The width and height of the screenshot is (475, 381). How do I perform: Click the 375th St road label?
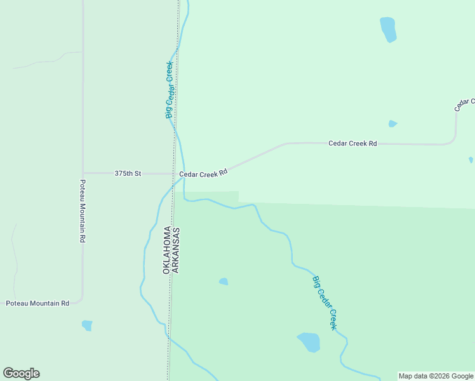pyautogui.click(x=128, y=173)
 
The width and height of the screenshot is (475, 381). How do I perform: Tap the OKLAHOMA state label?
pyautogui.click(x=167, y=250)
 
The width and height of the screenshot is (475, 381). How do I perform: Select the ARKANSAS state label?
pyautogui.click(x=176, y=250)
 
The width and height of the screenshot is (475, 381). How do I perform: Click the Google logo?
pyautogui.click(x=21, y=373)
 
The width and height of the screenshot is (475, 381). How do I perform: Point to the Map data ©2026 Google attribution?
pyautogui.click(x=436, y=376)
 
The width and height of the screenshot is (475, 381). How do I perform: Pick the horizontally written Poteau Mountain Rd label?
pyautogui.click(x=37, y=304)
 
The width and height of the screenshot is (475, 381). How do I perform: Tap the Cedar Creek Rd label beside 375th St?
pyautogui.click(x=203, y=173)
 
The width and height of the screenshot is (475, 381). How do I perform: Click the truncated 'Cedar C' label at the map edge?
pyautogui.click(x=465, y=104)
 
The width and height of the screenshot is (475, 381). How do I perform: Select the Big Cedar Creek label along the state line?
pyautogui.click(x=169, y=90)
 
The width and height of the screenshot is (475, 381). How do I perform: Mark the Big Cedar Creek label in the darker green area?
pyautogui.click(x=324, y=302)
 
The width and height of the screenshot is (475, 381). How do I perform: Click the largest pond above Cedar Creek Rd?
pyautogui.click(x=387, y=29)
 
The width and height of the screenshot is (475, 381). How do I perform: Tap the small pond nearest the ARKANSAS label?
pyautogui.click(x=224, y=281)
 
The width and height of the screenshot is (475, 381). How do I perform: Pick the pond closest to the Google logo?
pyautogui.click(x=87, y=325)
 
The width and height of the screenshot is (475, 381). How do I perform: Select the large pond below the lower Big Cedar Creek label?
pyautogui.click(x=309, y=342)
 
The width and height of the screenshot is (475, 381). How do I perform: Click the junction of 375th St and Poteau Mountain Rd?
pyautogui.click(x=83, y=173)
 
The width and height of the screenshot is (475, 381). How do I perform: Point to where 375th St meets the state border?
pyautogui.click(x=174, y=173)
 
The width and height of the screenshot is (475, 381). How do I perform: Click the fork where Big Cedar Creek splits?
pyautogui.click(x=184, y=177)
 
